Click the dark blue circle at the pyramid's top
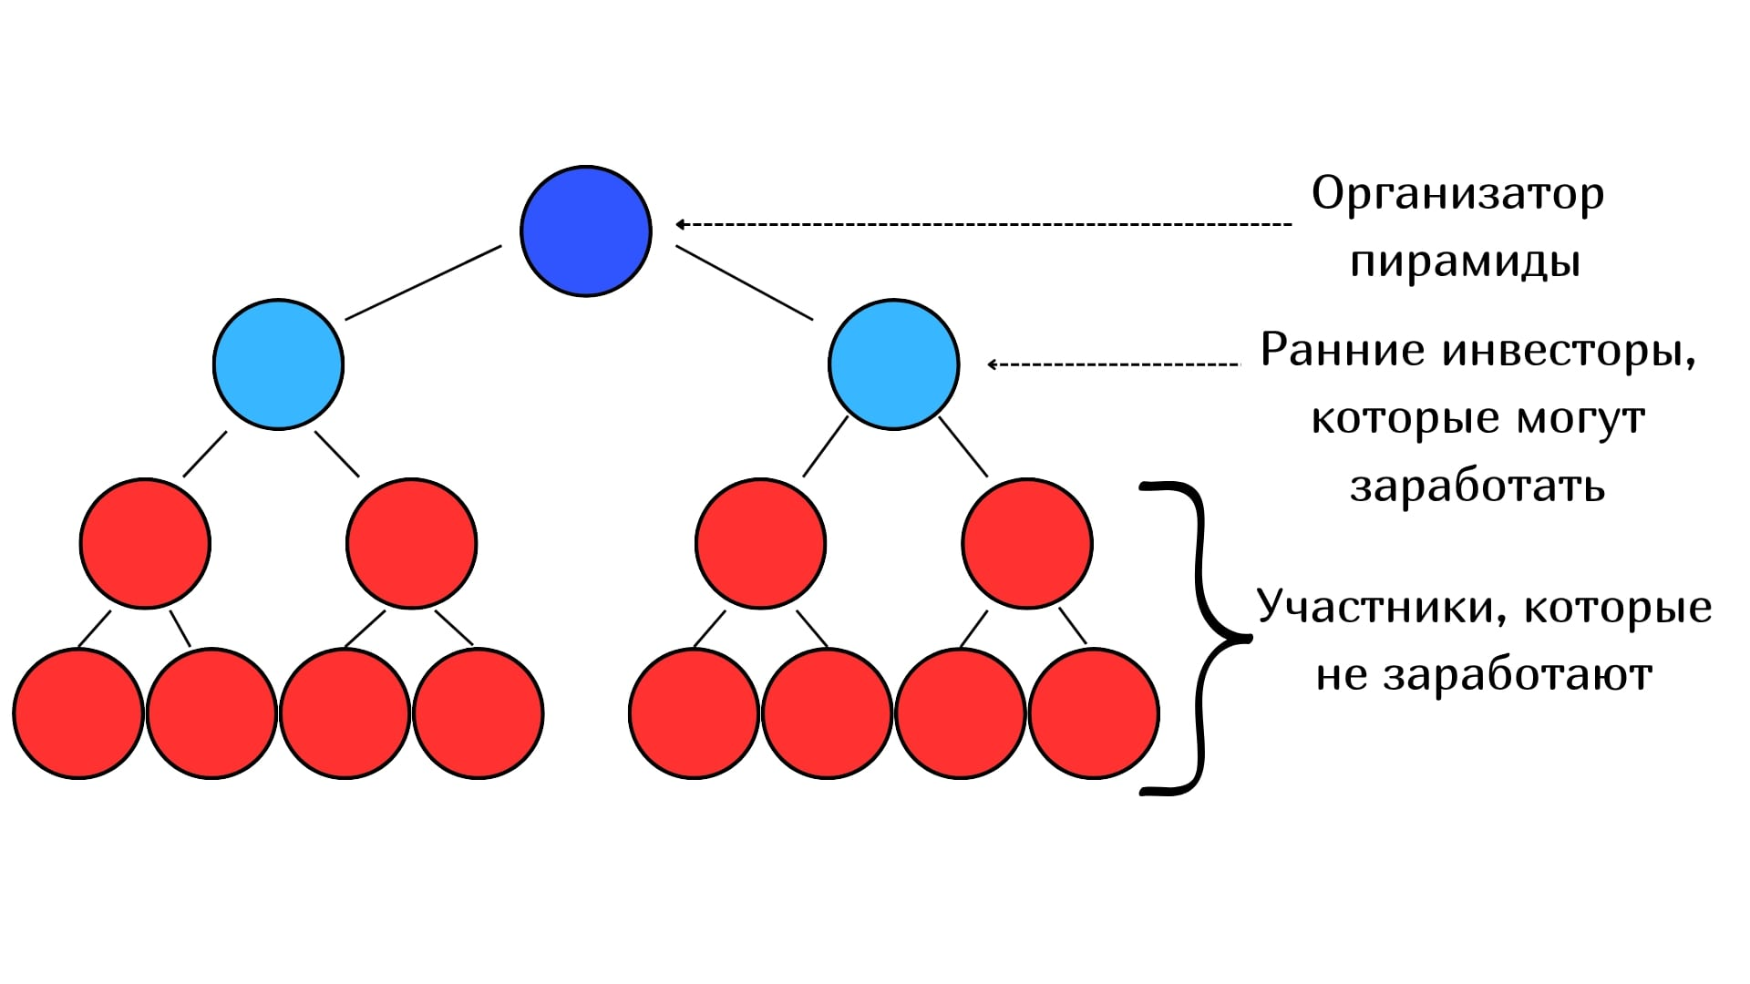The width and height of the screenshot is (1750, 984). [586, 231]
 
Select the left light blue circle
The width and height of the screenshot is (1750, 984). [278, 364]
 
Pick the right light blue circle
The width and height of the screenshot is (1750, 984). [893, 364]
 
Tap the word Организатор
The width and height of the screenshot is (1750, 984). [1457, 195]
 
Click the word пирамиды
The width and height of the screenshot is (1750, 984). [1465, 262]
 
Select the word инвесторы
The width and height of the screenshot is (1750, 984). [1568, 351]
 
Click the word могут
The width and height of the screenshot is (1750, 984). [1580, 419]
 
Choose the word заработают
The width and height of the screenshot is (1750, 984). [1518, 676]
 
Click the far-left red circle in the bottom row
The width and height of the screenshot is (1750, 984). [78, 713]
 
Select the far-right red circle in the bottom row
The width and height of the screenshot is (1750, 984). [1094, 713]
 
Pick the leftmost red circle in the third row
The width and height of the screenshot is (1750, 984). [145, 543]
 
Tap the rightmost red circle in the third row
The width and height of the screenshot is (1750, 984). [1027, 543]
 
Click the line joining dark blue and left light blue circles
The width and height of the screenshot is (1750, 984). [423, 282]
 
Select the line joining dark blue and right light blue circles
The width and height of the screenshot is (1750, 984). [744, 283]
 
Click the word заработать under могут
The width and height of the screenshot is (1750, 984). [1477, 487]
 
